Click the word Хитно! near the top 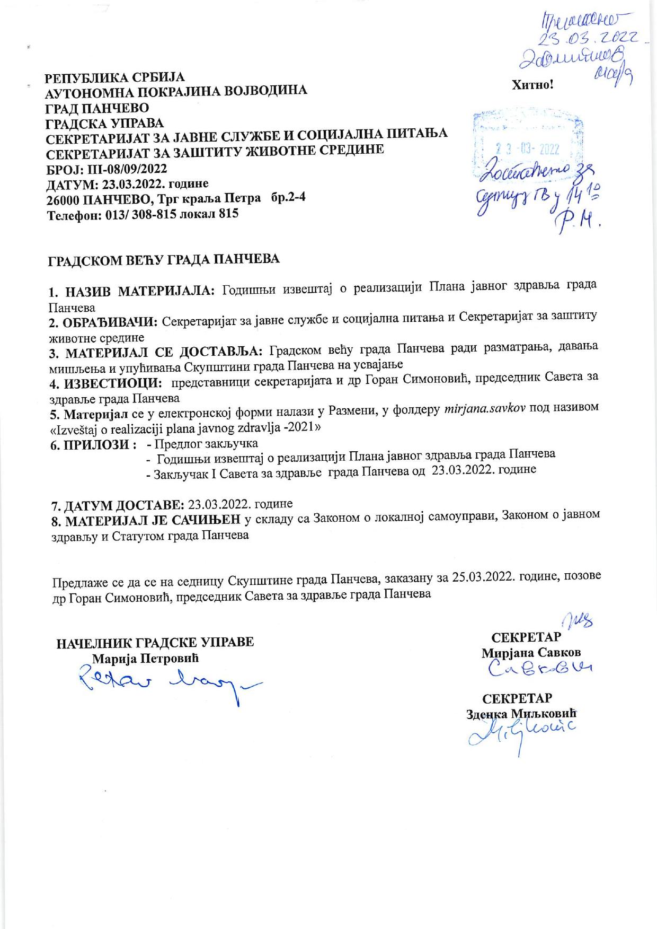click(x=532, y=85)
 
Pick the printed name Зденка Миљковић click(x=521, y=714)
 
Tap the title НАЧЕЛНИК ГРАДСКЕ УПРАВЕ click(x=155, y=642)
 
